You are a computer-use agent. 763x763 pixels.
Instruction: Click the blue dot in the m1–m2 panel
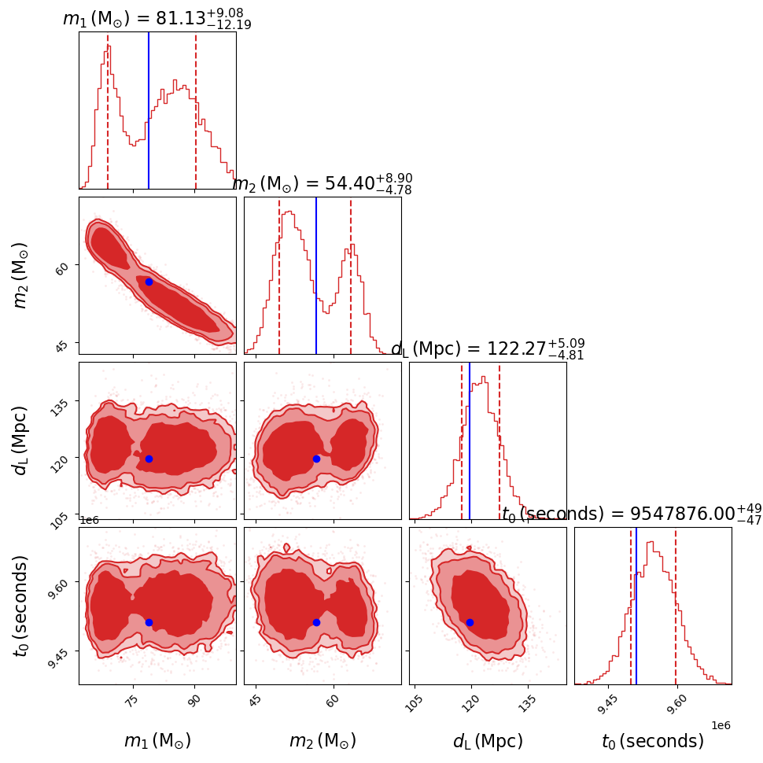click(x=149, y=282)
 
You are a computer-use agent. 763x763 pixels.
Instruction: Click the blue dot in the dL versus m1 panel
click(x=149, y=459)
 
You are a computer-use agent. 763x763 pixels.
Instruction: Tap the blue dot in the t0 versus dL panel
click(x=470, y=622)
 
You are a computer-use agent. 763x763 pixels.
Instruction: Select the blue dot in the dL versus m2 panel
click(x=316, y=459)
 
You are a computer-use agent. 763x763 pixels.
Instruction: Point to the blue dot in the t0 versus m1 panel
click(x=149, y=622)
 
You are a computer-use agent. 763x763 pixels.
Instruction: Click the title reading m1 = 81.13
click(x=157, y=19)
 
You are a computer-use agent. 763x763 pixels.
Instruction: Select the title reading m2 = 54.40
click(x=322, y=184)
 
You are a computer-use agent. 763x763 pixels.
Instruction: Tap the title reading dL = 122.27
click(x=487, y=349)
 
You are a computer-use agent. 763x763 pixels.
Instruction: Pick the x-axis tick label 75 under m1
click(x=131, y=702)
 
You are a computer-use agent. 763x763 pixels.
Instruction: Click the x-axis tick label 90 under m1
click(x=194, y=702)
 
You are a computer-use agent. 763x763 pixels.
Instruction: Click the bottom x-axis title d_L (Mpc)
click(x=487, y=741)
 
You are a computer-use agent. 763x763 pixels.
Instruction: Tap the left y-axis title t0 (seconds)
click(x=22, y=606)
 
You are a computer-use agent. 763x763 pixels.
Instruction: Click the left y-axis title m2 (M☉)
click(x=22, y=275)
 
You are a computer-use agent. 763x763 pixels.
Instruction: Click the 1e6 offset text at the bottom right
click(x=721, y=725)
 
